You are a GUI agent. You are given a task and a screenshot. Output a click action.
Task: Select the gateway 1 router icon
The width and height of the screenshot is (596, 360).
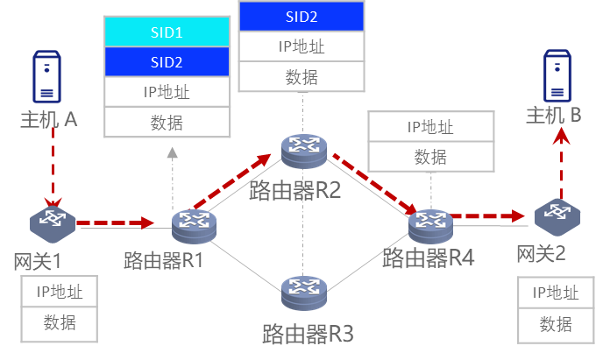pyautogui.click(x=52, y=224)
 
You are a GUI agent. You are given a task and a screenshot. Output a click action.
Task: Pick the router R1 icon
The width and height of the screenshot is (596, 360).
pyautogui.click(x=194, y=226)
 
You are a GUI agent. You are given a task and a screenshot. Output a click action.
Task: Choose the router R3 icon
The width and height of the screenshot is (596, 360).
pyautogui.click(x=304, y=293)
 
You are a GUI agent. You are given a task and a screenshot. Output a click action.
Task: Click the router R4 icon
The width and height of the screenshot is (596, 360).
pyautogui.click(x=430, y=226)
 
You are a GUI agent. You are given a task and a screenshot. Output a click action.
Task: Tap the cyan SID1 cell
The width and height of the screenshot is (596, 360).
pyautogui.click(x=167, y=32)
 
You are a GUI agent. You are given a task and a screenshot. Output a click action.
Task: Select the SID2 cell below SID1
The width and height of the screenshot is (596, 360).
pyautogui.click(x=167, y=61)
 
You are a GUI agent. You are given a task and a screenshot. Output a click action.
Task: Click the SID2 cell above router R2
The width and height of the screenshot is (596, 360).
pyautogui.click(x=301, y=16)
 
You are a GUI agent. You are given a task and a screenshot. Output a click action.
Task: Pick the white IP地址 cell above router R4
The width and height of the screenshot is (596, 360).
pyautogui.click(x=429, y=127)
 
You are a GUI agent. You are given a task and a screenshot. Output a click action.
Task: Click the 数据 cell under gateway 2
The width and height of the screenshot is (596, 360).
pyautogui.click(x=556, y=324)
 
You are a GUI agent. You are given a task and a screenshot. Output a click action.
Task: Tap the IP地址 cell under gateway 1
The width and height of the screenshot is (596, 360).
pyautogui.click(x=60, y=292)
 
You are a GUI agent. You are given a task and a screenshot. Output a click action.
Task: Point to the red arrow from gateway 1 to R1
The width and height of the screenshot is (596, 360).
pyautogui.click(x=115, y=223)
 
